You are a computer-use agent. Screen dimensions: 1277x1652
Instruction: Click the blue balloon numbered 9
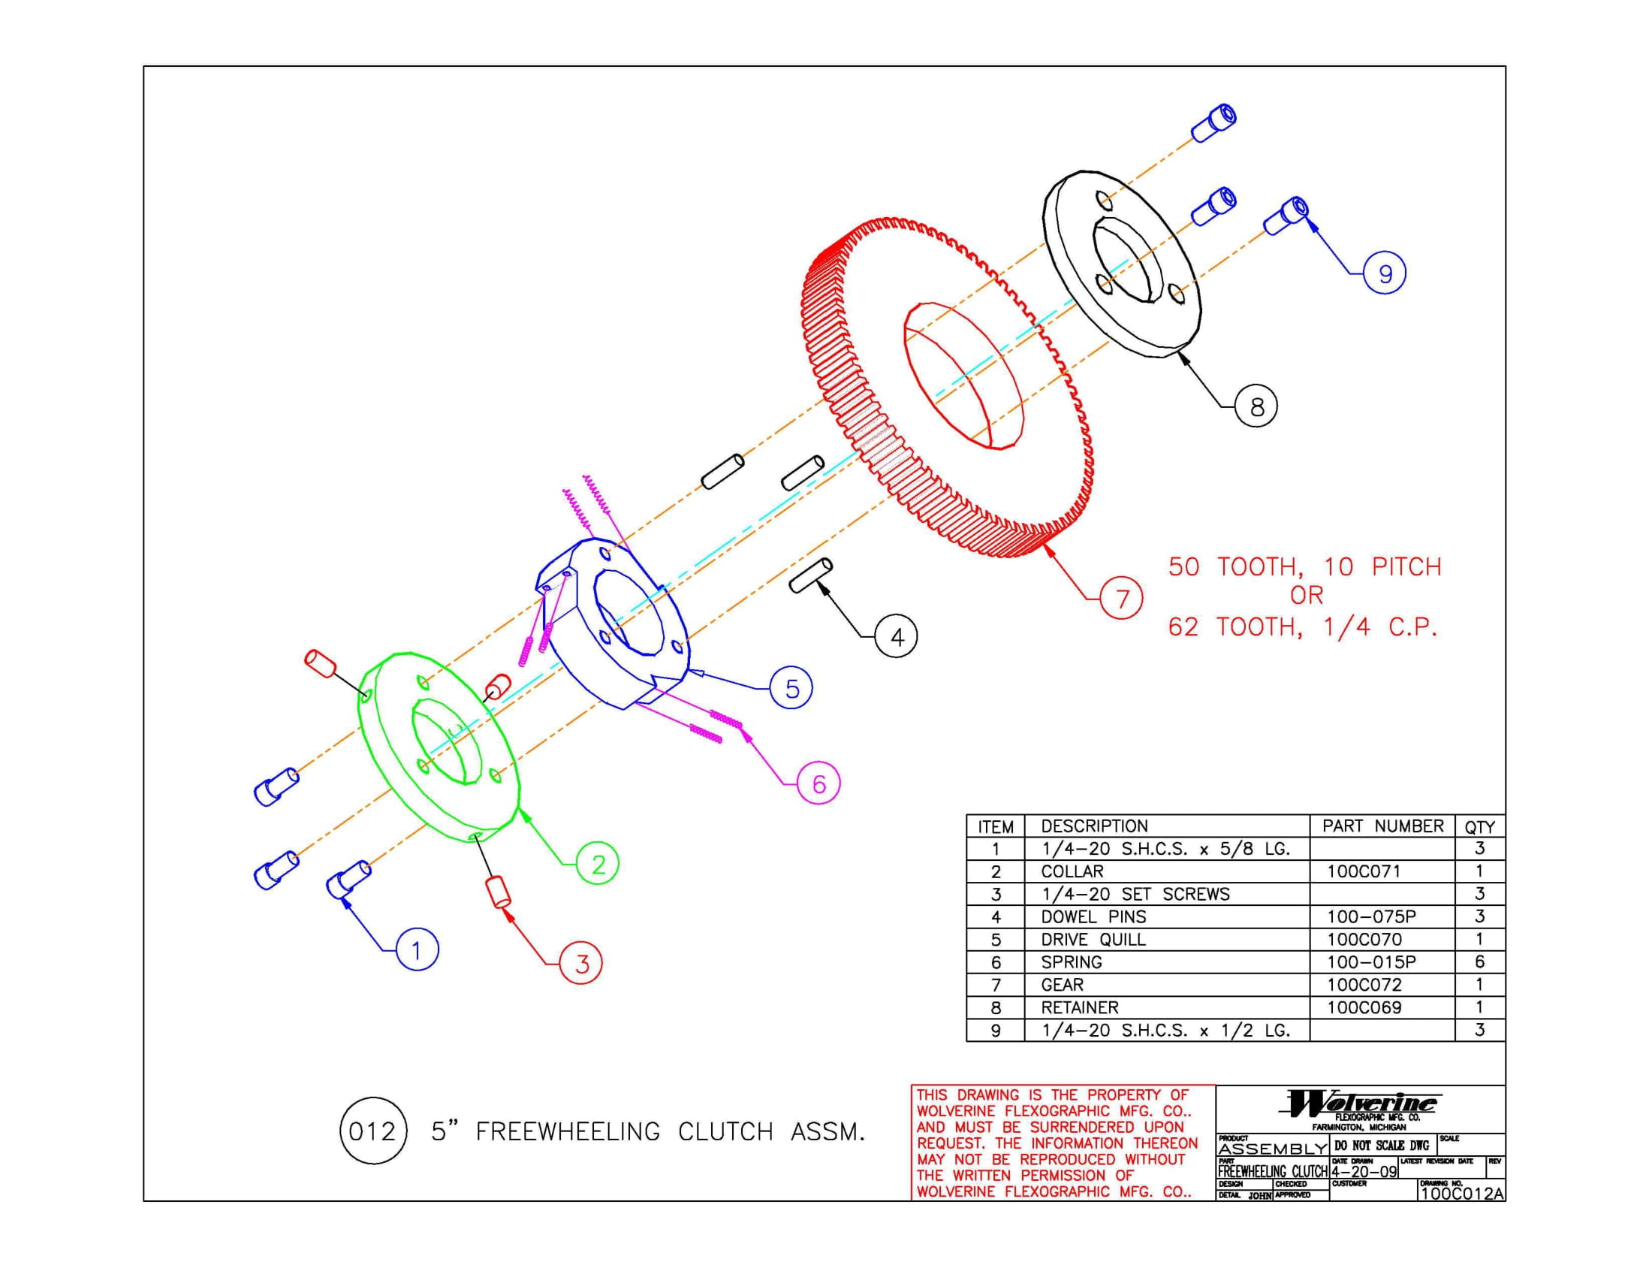(1384, 273)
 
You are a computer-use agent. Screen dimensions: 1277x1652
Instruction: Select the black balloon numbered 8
(1256, 406)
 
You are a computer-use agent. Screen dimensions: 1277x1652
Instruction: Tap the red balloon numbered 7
(1121, 599)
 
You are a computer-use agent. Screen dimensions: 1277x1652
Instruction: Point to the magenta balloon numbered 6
(819, 783)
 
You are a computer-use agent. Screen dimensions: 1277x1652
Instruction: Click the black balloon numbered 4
(897, 637)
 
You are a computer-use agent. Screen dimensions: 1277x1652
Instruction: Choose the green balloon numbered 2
(598, 863)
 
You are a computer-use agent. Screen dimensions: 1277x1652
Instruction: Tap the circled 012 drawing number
(373, 1131)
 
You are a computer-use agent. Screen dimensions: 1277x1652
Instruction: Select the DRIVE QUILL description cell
(1093, 940)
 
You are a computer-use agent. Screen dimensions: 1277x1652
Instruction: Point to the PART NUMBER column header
(1382, 826)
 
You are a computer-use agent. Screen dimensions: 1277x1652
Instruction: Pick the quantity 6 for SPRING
(1479, 962)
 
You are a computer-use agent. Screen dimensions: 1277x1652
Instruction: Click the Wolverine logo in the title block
(1360, 1103)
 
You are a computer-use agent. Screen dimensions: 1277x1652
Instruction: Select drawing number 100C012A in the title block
(1462, 1194)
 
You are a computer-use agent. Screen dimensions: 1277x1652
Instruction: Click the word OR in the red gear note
(1307, 596)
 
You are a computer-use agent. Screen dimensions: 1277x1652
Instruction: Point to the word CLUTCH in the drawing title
(726, 1132)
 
